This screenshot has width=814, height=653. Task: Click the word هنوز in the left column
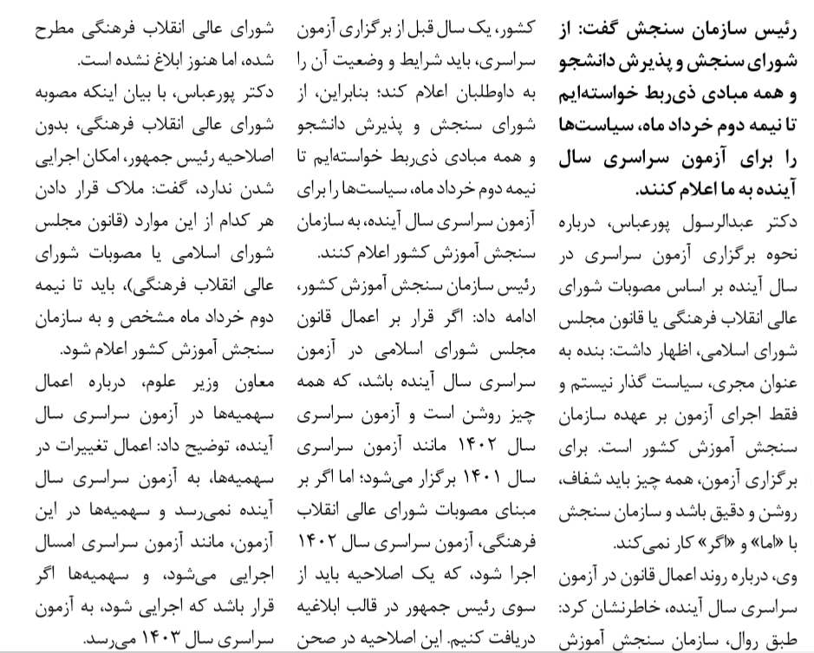(154, 62)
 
